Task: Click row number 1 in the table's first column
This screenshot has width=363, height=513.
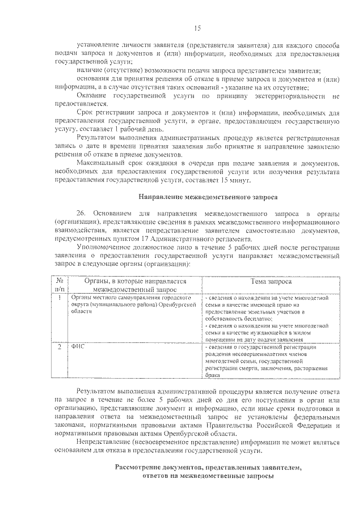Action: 60,297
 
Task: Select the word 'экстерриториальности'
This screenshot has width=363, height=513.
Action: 294,96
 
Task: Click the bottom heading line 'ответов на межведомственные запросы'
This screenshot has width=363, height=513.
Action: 208,476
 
